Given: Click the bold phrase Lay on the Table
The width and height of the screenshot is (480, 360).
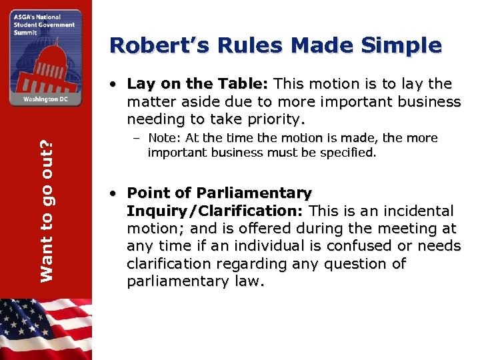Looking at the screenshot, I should pos(196,84).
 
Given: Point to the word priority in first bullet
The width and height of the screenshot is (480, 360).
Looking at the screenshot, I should pos(275,120).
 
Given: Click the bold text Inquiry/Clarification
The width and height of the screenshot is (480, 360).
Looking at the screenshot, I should pos(215,211).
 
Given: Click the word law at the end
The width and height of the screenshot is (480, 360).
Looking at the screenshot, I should pos(249,282).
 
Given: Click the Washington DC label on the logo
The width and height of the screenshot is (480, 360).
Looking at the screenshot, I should pos(45,99).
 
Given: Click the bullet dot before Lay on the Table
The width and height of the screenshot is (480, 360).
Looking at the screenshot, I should pos(115,85).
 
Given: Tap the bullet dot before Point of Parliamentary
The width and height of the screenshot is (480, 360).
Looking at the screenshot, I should pos(115,194).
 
